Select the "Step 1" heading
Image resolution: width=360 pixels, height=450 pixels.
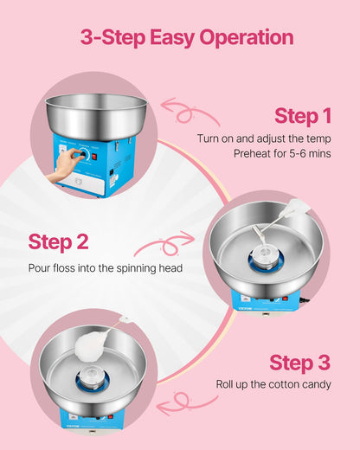tap(302, 116)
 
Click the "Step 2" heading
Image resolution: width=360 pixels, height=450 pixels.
tap(57, 241)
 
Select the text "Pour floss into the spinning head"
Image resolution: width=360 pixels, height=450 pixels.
tap(105, 267)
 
